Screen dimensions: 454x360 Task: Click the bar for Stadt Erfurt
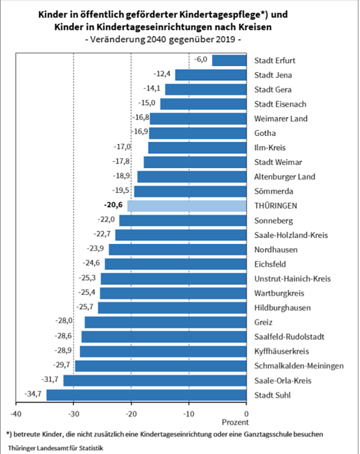pyautogui.click(x=230, y=60)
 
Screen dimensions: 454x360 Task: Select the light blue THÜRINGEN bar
pyautogui.click(x=187, y=205)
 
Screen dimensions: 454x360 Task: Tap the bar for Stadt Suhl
pyautogui.click(x=146, y=395)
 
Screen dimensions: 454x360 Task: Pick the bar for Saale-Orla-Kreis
pyautogui.click(x=155, y=381)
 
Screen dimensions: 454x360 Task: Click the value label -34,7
pyautogui.click(x=34, y=395)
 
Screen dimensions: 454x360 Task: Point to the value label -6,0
pyautogui.click(x=200, y=60)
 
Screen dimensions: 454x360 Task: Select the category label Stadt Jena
pyautogui.click(x=272, y=75)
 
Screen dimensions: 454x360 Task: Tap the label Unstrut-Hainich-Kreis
pyautogui.click(x=292, y=279)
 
